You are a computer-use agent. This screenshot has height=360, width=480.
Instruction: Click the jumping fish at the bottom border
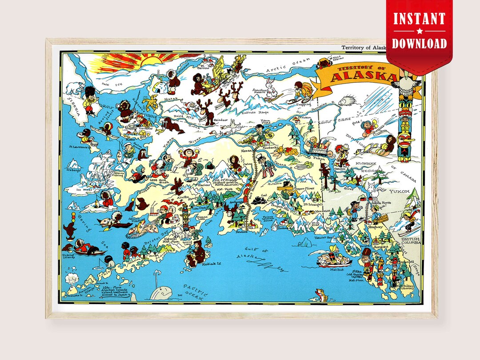click(319, 294)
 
